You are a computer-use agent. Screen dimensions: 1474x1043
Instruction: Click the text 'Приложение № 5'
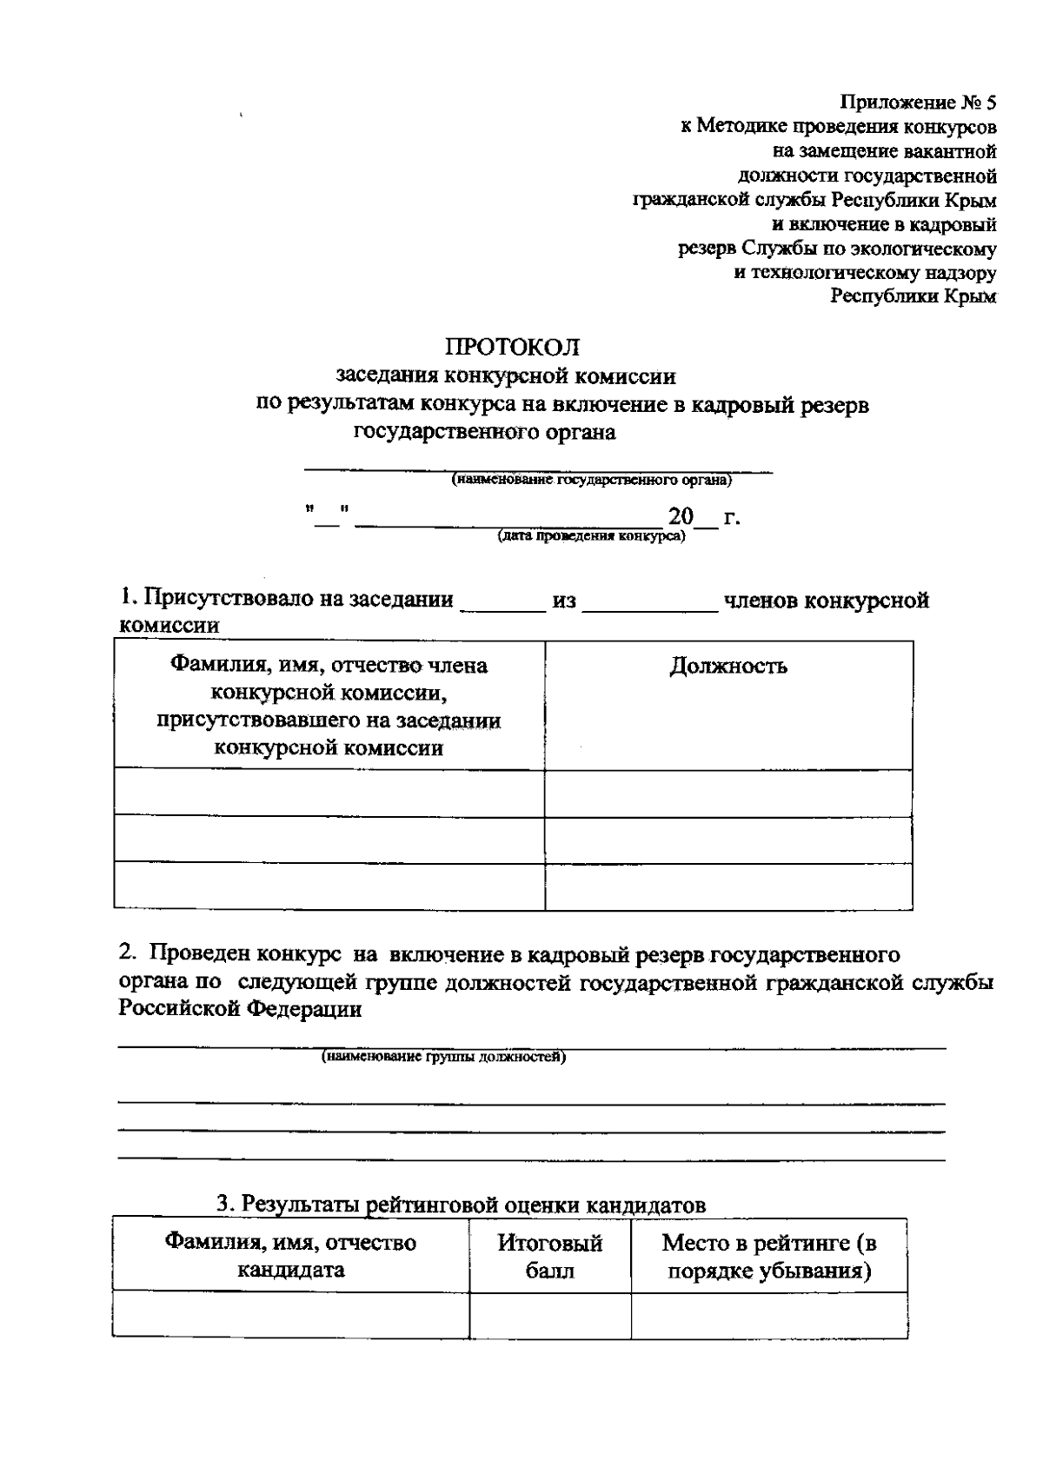pos(918,103)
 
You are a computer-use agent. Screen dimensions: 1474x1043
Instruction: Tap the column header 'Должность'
pos(728,667)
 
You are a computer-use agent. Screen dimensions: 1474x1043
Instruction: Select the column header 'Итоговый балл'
pos(549,1256)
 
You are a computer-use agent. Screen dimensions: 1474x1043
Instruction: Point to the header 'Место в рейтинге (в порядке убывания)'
pos(768,1256)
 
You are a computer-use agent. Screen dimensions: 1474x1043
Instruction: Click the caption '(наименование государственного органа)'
pos(591,480)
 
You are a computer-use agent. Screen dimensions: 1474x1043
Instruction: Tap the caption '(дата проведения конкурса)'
pos(591,536)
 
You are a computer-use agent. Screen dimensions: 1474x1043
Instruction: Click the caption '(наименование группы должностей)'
pos(443,1057)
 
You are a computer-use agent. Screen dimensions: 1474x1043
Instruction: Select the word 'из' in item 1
pos(563,601)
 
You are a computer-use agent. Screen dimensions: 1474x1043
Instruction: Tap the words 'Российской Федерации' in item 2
pos(241,1008)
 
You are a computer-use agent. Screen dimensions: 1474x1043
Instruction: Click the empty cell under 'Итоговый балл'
pos(549,1314)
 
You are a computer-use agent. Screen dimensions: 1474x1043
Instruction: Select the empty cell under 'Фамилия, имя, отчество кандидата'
pos(290,1314)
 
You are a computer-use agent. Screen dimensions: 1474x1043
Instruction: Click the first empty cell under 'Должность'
pos(728,792)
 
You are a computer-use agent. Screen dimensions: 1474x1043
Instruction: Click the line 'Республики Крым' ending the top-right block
pos(913,296)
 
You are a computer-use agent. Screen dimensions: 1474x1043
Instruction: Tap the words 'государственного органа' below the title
pos(485,433)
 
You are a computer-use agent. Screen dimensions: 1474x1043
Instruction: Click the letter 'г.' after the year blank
pos(731,518)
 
